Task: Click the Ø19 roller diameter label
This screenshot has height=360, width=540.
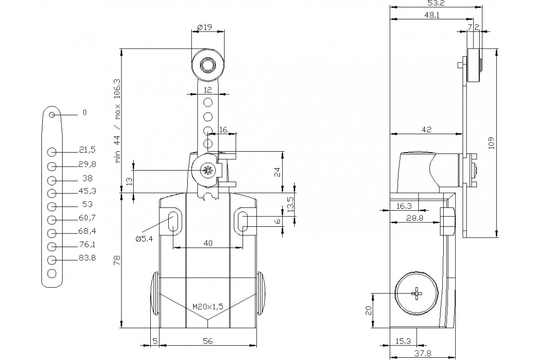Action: [205, 27]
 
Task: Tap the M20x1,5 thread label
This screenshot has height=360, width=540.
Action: [207, 307]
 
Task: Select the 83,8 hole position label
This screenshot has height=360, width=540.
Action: [87, 258]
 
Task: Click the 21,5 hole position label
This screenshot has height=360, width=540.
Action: [87, 149]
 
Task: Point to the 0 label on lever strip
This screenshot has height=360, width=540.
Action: [84, 112]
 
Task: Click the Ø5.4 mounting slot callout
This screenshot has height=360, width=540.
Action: [144, 239]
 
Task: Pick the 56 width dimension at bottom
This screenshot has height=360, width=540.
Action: [207, 341]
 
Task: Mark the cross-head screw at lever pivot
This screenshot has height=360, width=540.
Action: [207, 171]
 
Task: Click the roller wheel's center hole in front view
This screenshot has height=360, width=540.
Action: [207, 66]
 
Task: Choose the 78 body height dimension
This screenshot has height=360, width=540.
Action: [116, 260]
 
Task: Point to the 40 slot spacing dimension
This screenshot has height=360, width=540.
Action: [207, 243]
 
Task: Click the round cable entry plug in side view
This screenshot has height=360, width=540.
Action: [417, 293]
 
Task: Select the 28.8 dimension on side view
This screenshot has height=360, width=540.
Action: [414, 218]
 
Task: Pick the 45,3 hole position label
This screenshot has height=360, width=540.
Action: [87, 191]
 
